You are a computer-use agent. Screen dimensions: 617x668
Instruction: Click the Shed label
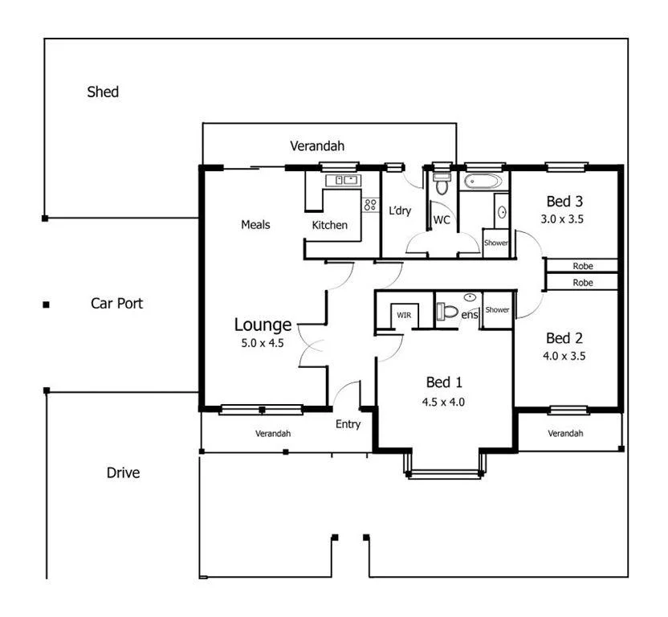(x=103, y=92)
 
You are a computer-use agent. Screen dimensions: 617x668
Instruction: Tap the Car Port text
(x=116, y=304)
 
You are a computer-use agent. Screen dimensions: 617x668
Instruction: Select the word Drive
(x=123, y=472)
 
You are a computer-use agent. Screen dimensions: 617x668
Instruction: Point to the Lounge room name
(x=263, y=325)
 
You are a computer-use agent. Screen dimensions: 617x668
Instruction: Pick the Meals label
(x=255, y=224)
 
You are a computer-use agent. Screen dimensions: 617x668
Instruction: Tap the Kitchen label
(x=329, y=225)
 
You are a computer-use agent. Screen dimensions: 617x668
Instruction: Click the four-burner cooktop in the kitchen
(x=370, y=204)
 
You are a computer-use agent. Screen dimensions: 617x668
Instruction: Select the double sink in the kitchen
(x=345, y=180)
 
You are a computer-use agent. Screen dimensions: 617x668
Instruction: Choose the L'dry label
(x=399, y=211)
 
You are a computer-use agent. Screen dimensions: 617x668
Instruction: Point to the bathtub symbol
(x=483, y=180)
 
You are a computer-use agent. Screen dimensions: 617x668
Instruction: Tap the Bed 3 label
(x=564, y=201)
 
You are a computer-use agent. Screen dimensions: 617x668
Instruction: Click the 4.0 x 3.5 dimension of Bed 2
(x=564, y=355)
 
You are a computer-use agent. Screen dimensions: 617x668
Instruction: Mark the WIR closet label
(x=403, y=315)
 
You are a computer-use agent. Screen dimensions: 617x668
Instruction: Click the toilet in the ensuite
(x=449, y=312)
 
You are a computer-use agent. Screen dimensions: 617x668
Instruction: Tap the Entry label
(x=348, y=424)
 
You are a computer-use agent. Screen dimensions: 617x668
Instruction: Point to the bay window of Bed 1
(x=444, y=472)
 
